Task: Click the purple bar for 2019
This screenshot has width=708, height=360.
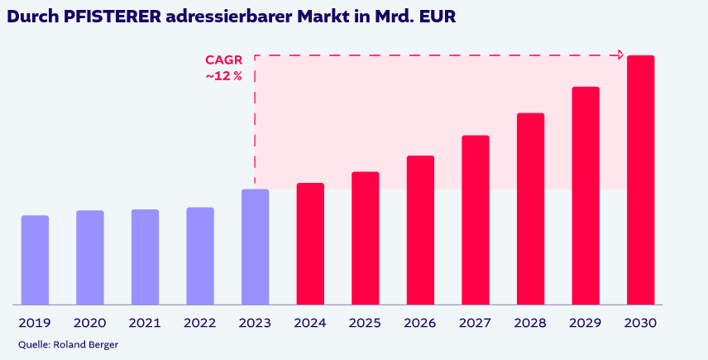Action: tap(35, 260)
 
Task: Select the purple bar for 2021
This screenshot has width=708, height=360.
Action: tap(145, 257)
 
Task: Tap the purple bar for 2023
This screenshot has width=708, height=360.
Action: tap(255, 247)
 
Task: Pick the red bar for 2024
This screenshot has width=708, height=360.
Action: tap(310, 243)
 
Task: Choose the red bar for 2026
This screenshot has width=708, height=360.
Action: tap(420, 230)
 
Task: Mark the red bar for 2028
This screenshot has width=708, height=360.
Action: tap(530, 209)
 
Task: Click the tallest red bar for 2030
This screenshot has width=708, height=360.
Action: tap(640, 180)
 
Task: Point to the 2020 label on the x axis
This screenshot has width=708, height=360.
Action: tap(89, 324)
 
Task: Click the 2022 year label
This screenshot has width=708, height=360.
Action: tap(200, 324)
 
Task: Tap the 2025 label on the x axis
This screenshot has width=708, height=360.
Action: tap(366, 324)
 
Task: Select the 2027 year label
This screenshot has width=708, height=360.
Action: tap(476, 324)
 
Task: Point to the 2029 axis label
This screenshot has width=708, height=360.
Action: tap(586, 324)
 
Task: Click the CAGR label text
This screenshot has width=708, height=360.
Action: tap(223, 60)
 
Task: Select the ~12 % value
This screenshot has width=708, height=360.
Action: tap(223, 76)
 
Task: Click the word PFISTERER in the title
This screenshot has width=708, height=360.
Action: tap(115, 16)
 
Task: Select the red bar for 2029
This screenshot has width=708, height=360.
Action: tap(586, 195)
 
